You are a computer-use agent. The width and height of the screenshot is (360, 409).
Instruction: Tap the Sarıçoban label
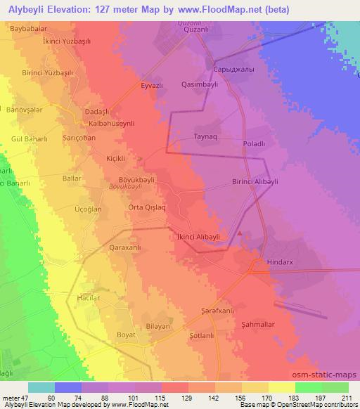point(79,138)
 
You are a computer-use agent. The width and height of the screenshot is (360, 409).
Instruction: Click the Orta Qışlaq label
point(147,207)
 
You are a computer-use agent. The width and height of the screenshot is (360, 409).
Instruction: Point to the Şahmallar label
point(257,324)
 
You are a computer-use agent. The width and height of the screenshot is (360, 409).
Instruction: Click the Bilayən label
point(158,328)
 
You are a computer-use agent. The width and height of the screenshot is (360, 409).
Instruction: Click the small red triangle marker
point(240,234)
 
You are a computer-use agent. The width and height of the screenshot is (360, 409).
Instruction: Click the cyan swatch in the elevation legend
point(41,387)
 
